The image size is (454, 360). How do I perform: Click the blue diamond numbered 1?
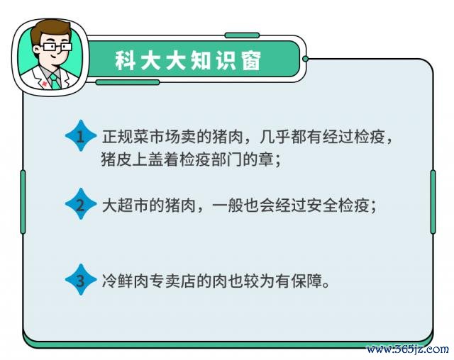click(81, 135)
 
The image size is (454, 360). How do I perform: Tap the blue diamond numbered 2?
click(81, 204)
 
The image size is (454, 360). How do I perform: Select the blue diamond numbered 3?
click(81, 280)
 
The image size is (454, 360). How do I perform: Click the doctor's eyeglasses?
click(56, 47)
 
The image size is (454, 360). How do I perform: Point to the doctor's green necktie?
click(55, 81)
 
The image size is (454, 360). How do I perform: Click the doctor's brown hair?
click(50, 30)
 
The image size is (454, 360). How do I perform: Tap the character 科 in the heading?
click(125, 61)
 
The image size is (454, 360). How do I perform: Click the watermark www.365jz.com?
click(408, 349)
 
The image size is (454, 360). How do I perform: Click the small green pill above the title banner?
click(242, 35)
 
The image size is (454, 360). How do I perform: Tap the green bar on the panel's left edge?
click(23, 202)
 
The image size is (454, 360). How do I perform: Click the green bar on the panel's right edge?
click(433, 202)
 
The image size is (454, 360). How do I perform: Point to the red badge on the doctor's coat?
click(44, 84)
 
